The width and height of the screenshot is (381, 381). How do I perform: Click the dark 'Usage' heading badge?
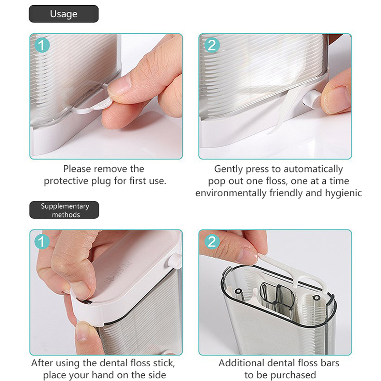coord(64,14)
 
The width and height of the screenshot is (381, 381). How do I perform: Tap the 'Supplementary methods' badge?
coord(64,210)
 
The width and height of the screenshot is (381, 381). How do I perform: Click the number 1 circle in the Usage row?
coord(42,45)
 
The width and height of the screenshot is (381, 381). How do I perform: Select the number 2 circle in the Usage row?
coord(212,45)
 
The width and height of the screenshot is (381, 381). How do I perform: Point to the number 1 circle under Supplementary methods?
coord(42,241)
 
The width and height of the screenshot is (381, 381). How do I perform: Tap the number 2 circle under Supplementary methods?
coord(212,241)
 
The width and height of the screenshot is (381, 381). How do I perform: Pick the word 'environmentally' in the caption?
coord(231,193)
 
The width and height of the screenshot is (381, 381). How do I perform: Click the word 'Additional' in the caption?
coord(242,363)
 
